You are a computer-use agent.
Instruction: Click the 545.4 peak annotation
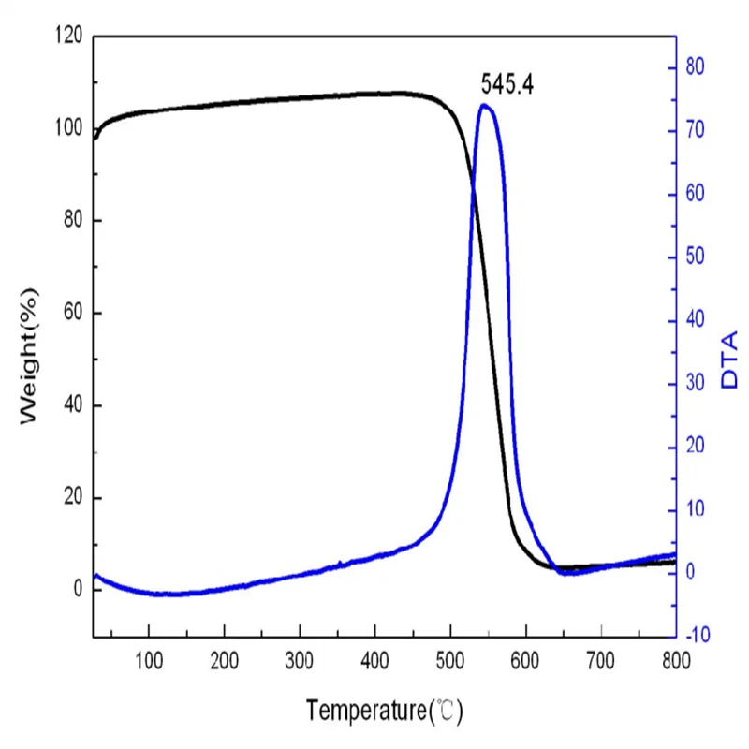[507, 85]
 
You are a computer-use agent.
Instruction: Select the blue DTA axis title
[729, 360]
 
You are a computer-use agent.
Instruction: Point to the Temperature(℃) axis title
[385, 712]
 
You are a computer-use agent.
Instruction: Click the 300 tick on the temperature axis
[300, 660]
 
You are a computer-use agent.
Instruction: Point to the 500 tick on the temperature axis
[450, 660]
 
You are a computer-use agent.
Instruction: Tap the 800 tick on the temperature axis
[675, 660]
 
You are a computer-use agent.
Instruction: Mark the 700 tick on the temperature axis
[600, 660]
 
